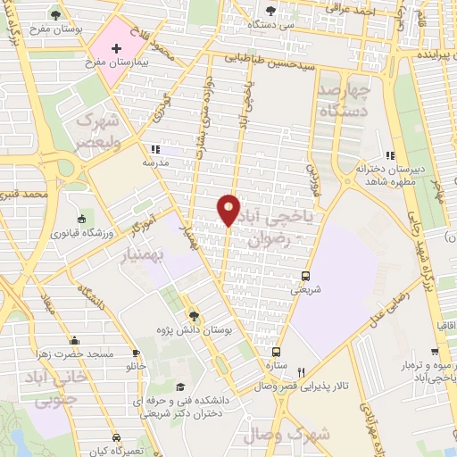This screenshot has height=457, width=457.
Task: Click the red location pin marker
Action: pyautogui.click(x=228, y=208)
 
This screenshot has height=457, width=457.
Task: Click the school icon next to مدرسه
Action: pyautogui.click(x=154, y=149)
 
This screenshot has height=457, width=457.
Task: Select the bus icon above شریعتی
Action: pyautogui.click(x=306, y=276)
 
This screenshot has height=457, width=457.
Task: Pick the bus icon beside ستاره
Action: pyautogui.click(x=277, y=352)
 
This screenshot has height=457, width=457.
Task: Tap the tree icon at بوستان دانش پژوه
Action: pyautogui.click(x=194, y=315)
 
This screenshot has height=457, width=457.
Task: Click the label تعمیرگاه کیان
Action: pyautogui.click(x=122, y=452)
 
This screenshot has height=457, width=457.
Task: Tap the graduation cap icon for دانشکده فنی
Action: pyautogui.click(x=181, y=386)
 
